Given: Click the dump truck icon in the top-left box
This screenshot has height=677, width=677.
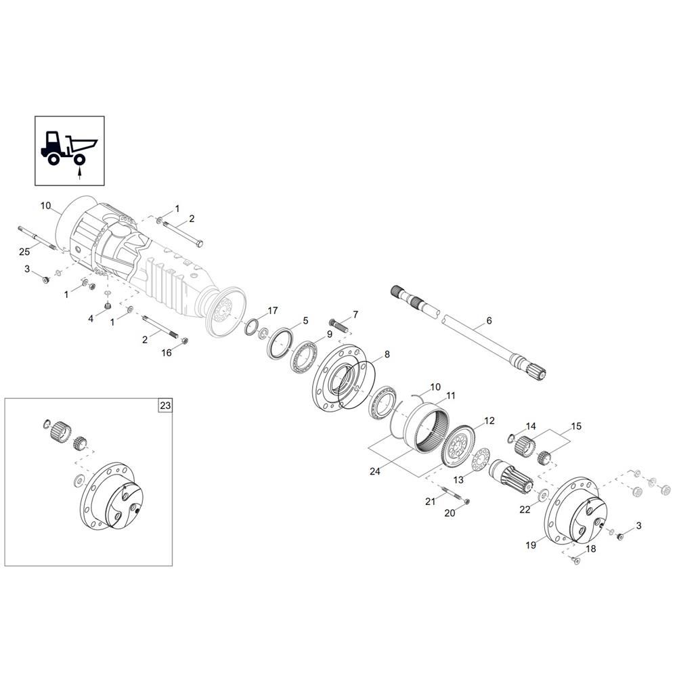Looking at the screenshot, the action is tap(69, 148).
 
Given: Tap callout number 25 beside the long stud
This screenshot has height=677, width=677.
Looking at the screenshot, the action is tap(24, 252).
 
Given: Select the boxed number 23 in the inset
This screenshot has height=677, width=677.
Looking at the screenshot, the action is tap(165, 406).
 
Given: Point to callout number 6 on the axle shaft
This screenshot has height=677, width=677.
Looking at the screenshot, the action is tap(489, 320).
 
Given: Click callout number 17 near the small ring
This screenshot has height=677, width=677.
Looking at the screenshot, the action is tap(273, 311).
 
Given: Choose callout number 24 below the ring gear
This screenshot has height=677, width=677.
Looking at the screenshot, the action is tap(375, 471).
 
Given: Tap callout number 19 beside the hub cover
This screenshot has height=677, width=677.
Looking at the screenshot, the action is tap(531, 545).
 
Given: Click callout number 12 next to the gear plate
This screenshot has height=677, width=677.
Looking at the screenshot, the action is tap(489, 420).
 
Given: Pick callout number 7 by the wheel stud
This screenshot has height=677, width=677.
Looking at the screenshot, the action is tap(355, 314).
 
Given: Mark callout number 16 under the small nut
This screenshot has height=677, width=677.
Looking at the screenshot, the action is tap(167, 353).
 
